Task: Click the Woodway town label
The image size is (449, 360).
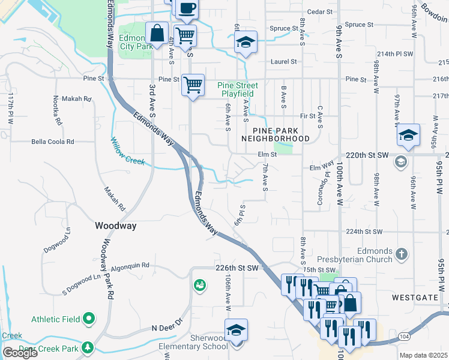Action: point(116,226)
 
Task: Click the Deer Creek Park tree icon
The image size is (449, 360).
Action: point(88,347)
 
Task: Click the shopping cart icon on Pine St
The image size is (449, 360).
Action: point(193,85)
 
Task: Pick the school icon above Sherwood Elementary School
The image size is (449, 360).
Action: point(236,330)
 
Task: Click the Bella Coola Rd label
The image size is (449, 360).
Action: point(53,142)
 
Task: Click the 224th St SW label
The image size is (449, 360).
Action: point(364,232)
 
